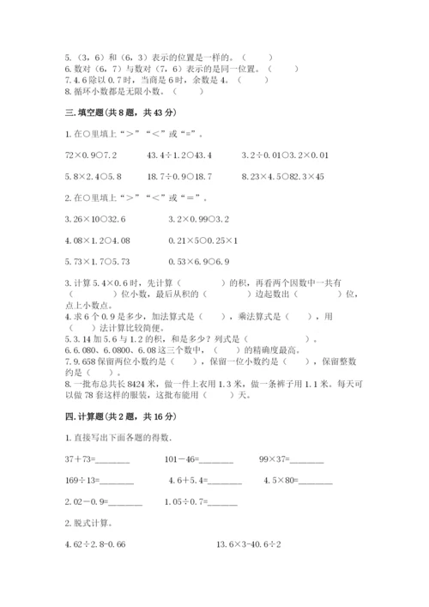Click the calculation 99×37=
pyautogui.click(x=291, y=459)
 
